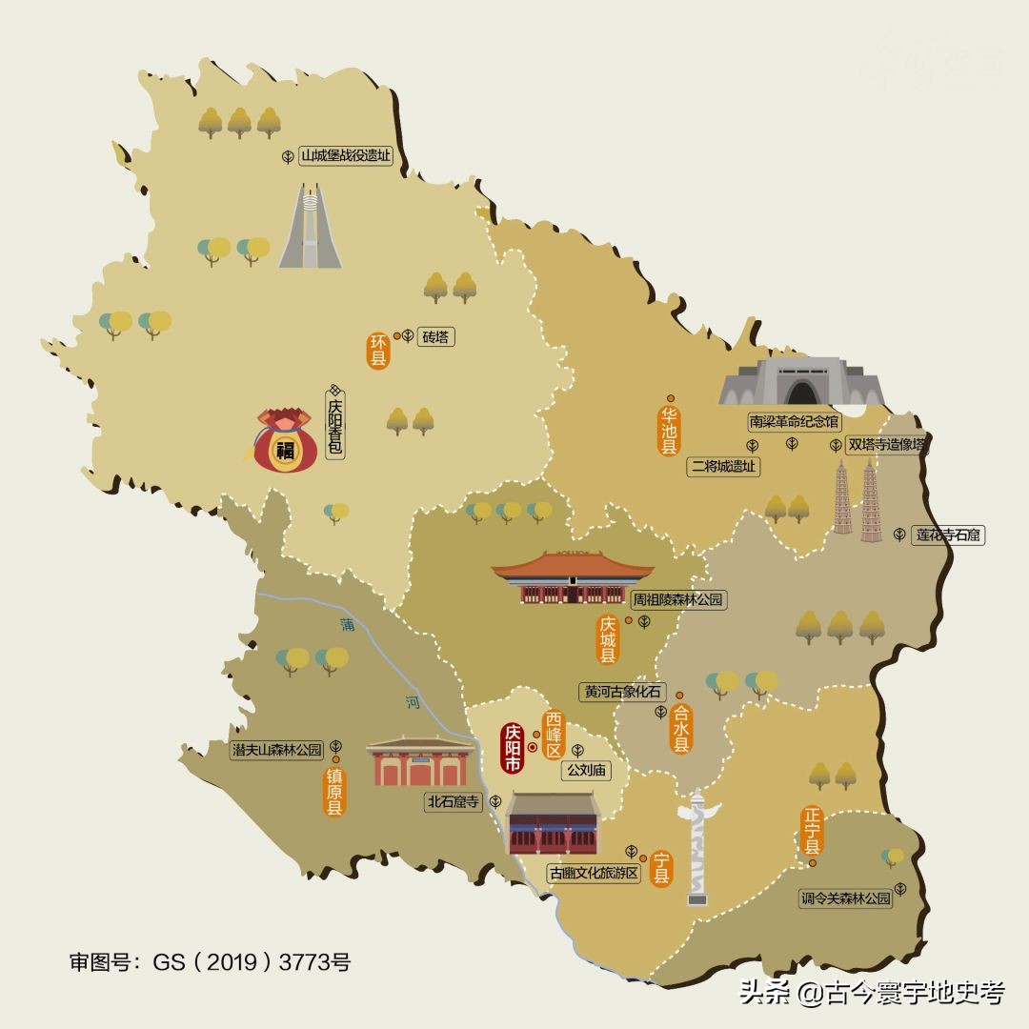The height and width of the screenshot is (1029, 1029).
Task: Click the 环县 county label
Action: click(379, 350)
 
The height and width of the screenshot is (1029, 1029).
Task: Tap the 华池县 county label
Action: click(670, 430)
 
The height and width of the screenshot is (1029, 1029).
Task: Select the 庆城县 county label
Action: click(607, 639)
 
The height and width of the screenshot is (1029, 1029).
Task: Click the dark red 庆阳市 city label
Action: click(513, 749)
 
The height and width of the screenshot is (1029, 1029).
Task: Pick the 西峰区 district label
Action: click(554, 735)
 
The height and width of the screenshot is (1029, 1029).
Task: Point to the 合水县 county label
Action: click(680, 730)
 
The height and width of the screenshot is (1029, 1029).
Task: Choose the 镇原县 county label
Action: click(334, 794)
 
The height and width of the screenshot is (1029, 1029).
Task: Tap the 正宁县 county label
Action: click(812, 831)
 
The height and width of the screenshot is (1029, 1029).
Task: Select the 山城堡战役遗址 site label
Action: click(345, 156)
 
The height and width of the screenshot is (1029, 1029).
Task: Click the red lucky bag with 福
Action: click(284, 439)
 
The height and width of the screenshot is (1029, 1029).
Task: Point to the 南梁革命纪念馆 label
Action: click(794, 421)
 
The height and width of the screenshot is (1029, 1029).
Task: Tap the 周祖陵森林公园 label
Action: click(679, 600)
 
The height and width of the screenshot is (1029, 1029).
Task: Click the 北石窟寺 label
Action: click(454, 802)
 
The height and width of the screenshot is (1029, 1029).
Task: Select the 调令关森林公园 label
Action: click(845, 898)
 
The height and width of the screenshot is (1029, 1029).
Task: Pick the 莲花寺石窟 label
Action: click(948, 535)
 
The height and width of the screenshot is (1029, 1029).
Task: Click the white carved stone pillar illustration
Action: click(697, 847)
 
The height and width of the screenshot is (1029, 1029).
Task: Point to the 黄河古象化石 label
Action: click(625, 692)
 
